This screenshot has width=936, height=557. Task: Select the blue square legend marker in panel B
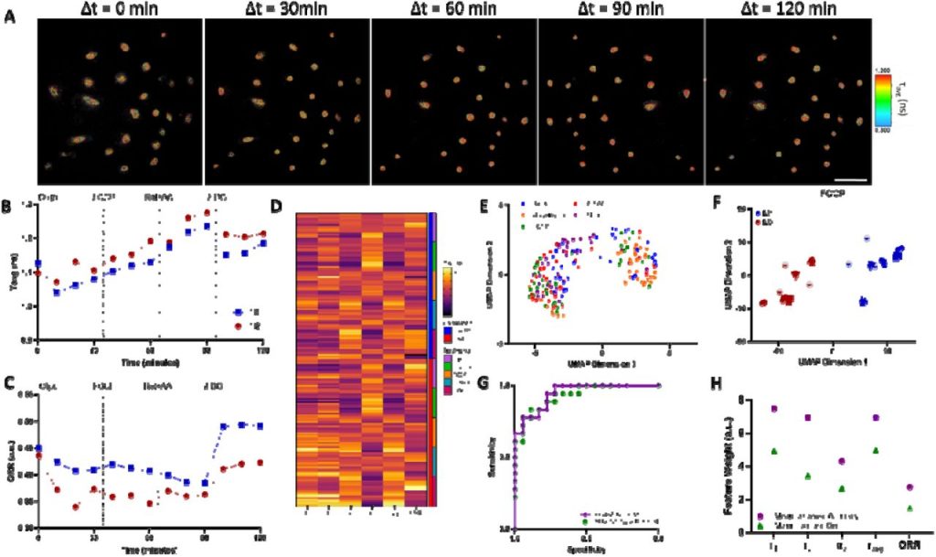tap(236, 311)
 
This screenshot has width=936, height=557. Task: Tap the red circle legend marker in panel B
tap(236, 325)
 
